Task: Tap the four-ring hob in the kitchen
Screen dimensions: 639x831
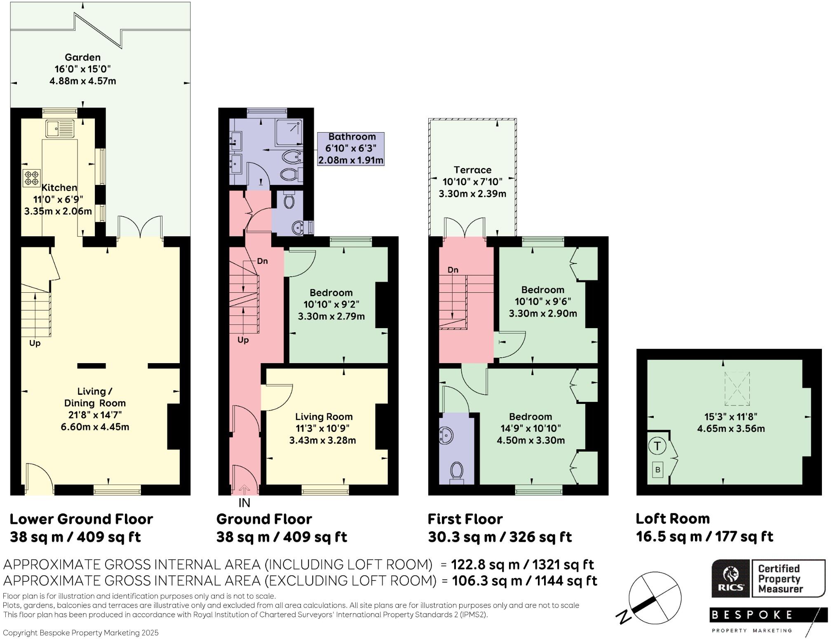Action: pyautogui.click(x=32, y=178)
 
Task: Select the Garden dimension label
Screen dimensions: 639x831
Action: pyautogui.click(x=83, y=69)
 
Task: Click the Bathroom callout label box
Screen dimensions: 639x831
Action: pyautogui.click(x=351, y=149)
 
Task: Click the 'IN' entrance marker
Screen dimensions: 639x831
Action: pyautogui.click(x=244, y=503)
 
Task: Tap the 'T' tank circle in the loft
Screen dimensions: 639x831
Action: pyautogui.click(x=657, y=446)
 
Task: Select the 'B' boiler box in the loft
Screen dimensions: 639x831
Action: pyautogui.click(x=657, y=470)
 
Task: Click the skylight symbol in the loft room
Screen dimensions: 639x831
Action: pyautogui.click(x=737, y=388)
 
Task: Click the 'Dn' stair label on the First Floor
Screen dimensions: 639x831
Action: pyautogui.click(x=453, y=270)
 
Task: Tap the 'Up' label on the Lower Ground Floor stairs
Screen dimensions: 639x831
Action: pyautogui.click(x=35, y=343)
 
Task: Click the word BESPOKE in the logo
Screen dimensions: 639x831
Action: pyautogui.click(x=751, y=615)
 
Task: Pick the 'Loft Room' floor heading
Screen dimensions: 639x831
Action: pyautogui.click(x=673, y=518)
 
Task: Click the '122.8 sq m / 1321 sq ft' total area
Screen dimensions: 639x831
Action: pyautogui.click(x=522, y=564)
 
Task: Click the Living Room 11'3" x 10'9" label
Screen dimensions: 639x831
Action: pyautogui.click(x=323, y=428)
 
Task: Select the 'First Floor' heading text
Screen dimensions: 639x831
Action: pyautogui.click(x=465, y=519)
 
